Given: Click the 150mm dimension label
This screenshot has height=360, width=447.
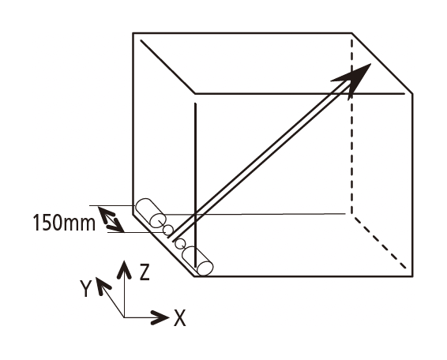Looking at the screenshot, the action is tap(64, 223).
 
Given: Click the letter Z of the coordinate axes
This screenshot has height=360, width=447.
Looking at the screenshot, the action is tap(145, 272).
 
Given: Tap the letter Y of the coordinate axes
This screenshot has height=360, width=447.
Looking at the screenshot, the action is tap(85, 288).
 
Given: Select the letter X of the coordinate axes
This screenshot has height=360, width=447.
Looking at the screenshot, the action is tap(180, 317).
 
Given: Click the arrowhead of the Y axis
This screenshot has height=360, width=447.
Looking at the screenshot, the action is tap(101, 285).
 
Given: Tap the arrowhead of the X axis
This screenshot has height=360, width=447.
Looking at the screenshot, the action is tap(160, 317).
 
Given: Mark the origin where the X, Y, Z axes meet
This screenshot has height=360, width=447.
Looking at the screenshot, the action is tap(124, 317).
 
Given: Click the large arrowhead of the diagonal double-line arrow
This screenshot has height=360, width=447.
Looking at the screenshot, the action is tap(354, 79).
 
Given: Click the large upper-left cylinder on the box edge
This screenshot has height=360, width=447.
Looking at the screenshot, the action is tap(150, 212).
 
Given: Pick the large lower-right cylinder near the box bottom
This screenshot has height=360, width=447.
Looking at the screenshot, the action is tap(197, 261).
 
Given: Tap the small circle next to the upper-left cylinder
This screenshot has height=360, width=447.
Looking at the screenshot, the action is tap(168, 230).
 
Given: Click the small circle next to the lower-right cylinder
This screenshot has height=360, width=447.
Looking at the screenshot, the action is tap(180, 244).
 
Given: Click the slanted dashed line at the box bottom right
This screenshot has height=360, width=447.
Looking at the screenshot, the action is tap(380, 243).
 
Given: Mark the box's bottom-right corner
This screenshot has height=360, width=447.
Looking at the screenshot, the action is tap(412, 276).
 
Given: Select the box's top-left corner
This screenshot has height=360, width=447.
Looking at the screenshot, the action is tap(133, 33).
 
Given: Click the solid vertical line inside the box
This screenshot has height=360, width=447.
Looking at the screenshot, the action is tap(195, 185).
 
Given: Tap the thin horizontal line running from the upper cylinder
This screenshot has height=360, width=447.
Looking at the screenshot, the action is tap(255, 214).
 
